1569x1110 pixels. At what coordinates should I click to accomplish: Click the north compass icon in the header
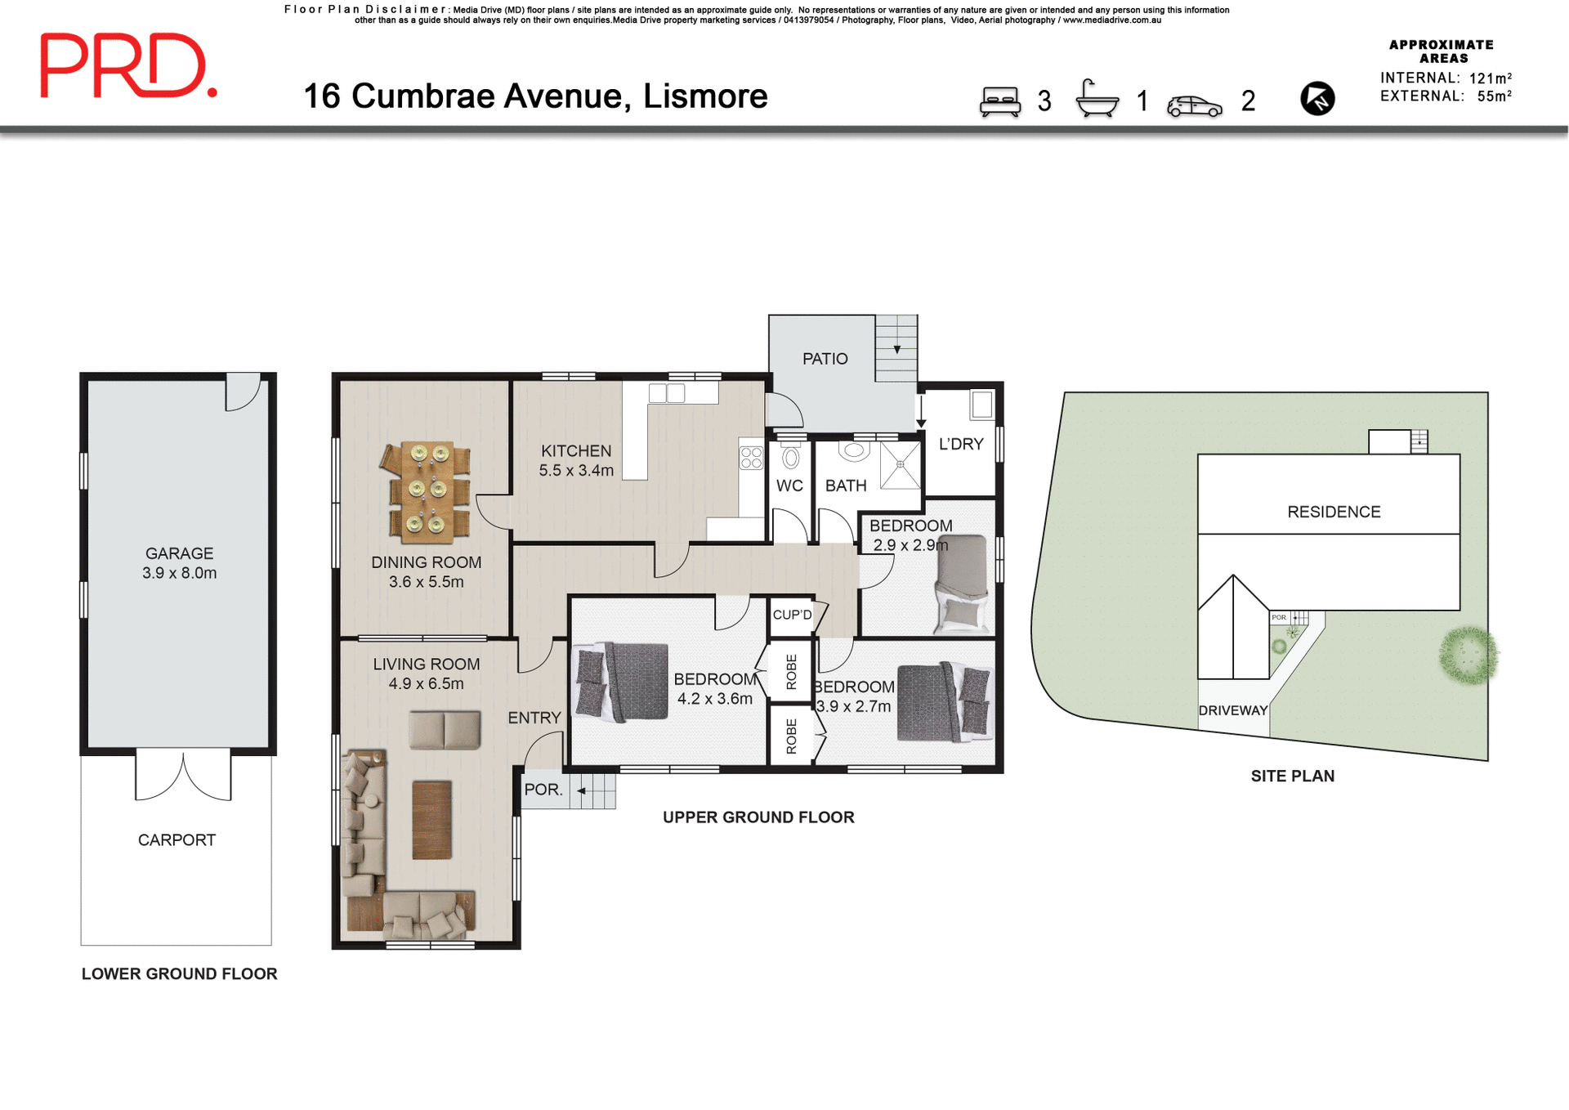(1316, 99)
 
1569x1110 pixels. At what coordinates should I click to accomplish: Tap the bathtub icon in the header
(1097, 99)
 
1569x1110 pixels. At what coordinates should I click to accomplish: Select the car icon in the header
(1194, 105)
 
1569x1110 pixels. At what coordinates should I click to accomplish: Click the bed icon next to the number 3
(1000, 102)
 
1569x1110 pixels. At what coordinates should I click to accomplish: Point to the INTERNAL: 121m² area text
(1445, 78)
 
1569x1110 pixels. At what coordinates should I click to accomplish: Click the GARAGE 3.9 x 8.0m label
(179, 563)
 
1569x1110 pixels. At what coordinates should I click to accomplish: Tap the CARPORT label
(177, 840)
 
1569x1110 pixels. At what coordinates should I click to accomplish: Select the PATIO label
(825, 359)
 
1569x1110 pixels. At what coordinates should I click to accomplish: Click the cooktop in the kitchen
(751, 458)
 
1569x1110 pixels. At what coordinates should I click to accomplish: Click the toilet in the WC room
(789, 455)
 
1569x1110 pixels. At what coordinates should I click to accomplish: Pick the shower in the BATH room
(900, 465)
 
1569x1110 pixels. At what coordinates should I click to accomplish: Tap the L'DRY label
(960, 444)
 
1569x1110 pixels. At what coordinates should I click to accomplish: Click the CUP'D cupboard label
(792, 615)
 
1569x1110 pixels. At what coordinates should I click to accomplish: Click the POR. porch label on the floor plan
(543, 790)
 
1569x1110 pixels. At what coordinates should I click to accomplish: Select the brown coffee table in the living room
(431, 820)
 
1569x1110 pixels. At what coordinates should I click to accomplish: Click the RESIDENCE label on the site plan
(1333, 512)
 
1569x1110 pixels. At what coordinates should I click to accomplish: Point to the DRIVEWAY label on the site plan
(1232, 710)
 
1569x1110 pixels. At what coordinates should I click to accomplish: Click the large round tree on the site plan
(1468, 655)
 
